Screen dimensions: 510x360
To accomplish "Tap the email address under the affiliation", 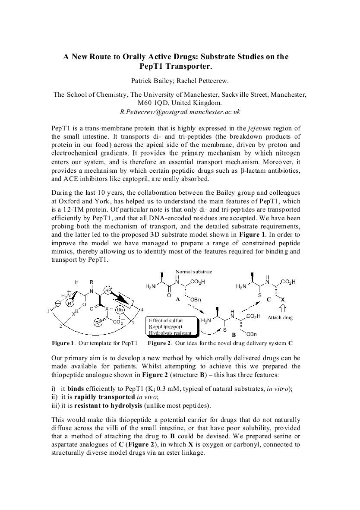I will (180, 112).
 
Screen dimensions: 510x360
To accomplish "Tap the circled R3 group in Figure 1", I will (98, 322).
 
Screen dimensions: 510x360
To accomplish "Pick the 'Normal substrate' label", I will (194, 272).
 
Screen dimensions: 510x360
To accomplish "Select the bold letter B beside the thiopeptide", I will (234, 335).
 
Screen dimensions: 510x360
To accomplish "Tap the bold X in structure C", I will (283, 299).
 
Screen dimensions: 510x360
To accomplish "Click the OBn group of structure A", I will (196, 299).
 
